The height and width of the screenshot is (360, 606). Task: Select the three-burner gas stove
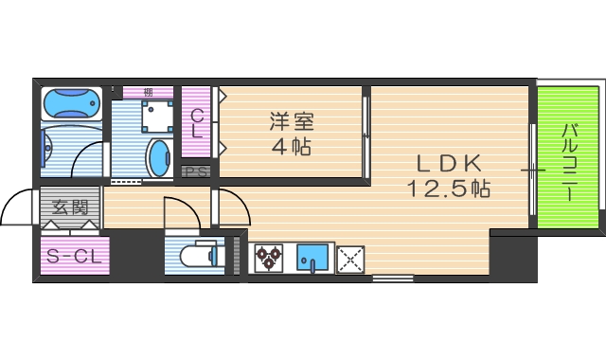268,257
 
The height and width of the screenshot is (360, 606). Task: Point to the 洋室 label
291,122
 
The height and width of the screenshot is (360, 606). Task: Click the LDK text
447,162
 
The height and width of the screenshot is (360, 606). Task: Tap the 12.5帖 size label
448,188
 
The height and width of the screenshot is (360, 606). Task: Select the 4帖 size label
291,147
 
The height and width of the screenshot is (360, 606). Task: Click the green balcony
567,157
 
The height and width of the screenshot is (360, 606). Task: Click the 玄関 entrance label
69,206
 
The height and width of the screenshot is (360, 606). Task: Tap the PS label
197,171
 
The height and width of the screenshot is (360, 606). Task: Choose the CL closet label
197,124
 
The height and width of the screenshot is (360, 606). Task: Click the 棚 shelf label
149,92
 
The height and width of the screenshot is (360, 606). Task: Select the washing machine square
157,117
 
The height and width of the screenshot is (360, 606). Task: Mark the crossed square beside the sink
350,258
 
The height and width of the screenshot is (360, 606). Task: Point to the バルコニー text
570,161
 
